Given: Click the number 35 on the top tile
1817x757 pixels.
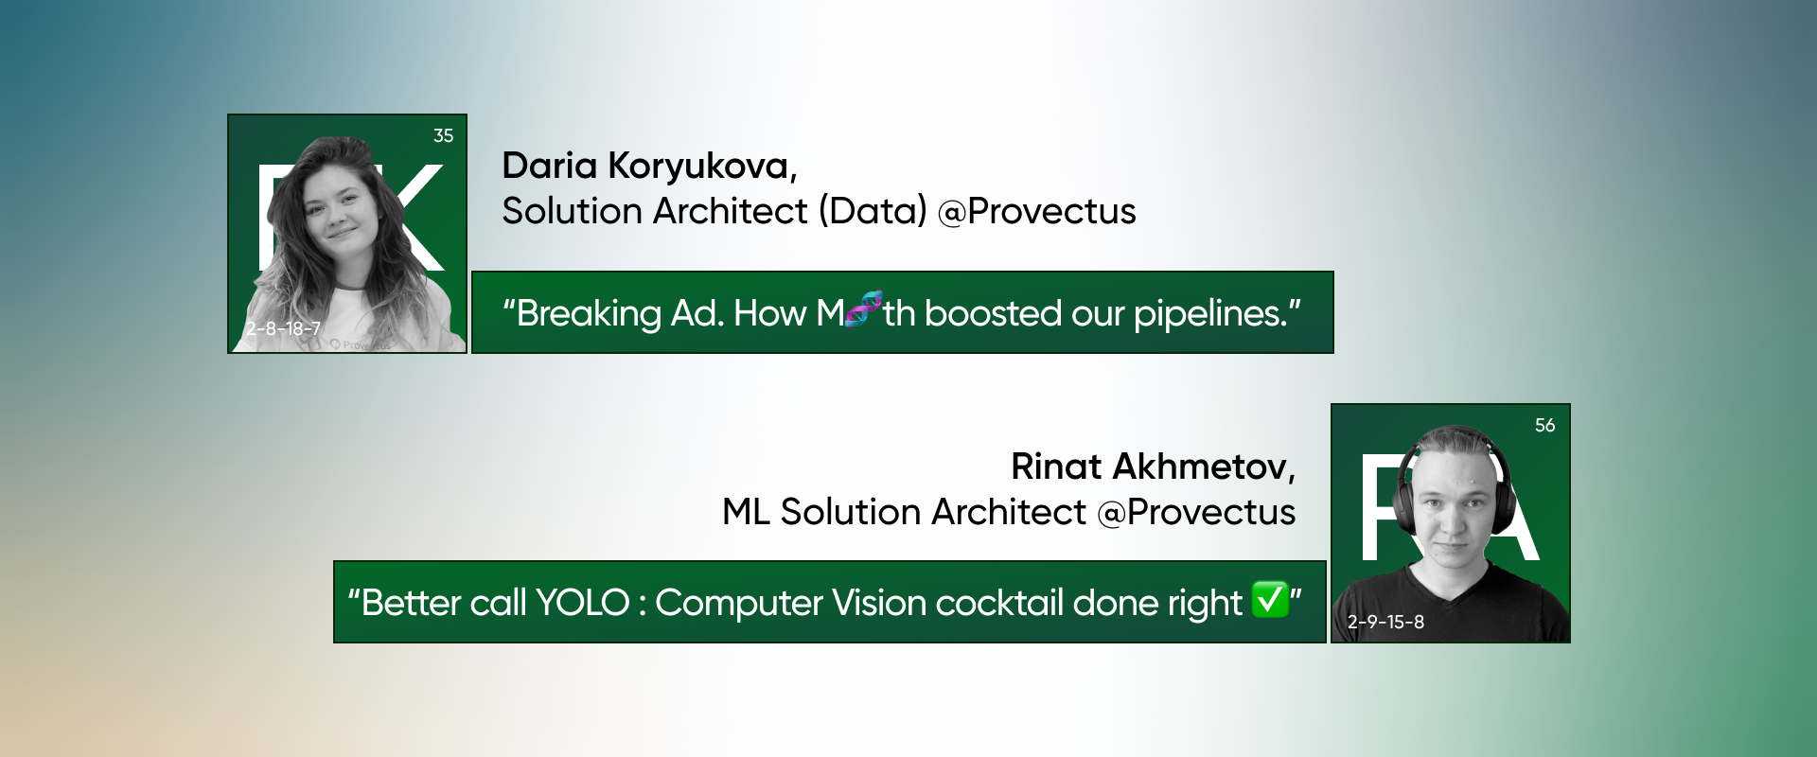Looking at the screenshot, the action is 443,136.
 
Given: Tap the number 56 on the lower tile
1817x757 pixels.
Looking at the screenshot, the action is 1544,426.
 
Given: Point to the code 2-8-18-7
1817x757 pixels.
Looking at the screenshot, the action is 283,329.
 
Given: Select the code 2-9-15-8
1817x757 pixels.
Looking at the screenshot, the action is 1385,622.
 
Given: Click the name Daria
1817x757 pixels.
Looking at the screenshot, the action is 549,166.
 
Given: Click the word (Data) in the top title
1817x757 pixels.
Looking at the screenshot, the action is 872,211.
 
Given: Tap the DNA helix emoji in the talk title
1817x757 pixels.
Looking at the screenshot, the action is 863,309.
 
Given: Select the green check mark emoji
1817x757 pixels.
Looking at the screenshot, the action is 1270,599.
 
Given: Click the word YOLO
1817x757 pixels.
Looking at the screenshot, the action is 582,603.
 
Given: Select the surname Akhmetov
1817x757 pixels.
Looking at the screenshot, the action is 1203,467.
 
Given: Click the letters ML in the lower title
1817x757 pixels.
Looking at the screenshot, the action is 745,512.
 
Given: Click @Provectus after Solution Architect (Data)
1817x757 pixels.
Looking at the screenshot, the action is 1036,211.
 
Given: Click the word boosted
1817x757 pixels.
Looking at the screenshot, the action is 993,313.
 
